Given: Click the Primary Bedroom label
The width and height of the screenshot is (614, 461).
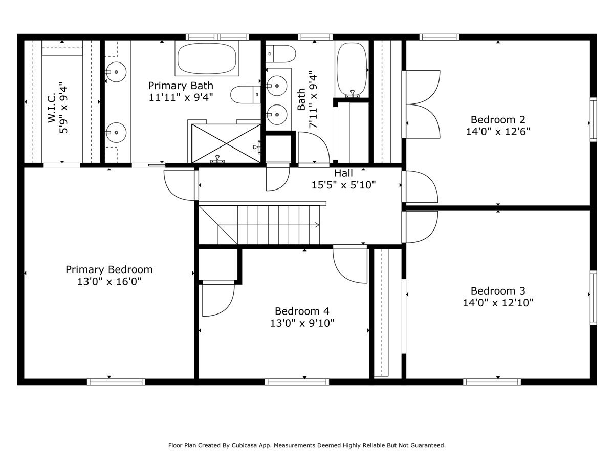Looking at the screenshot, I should point(109,269).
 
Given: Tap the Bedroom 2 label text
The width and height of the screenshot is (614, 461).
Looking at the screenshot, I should point(498,119).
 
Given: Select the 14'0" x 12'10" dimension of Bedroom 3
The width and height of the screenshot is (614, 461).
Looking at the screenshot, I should point(498,303).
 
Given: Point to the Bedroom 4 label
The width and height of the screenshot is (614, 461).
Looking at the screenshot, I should point(302,311).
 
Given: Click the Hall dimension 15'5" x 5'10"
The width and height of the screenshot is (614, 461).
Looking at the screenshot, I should point(344,185).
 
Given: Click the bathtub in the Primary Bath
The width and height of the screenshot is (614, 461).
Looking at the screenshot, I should point(207,58).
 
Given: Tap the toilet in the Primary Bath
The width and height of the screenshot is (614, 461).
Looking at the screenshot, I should point(246,94).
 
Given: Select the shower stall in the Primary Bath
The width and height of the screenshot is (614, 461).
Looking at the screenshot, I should point(226,143).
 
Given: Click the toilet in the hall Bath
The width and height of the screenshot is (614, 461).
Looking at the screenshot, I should point(282,53).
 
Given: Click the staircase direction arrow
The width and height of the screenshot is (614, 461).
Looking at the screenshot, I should point(317,225).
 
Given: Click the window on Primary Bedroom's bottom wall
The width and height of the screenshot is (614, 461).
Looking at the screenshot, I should point(116,382).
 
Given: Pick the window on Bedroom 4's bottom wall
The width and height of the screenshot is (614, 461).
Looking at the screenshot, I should point(297,382).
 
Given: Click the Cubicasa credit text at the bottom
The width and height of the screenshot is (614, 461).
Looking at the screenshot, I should point(307,446).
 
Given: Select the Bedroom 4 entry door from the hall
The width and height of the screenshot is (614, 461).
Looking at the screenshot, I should point(350,264).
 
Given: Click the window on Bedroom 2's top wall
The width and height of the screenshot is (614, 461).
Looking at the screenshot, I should point(439,37).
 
